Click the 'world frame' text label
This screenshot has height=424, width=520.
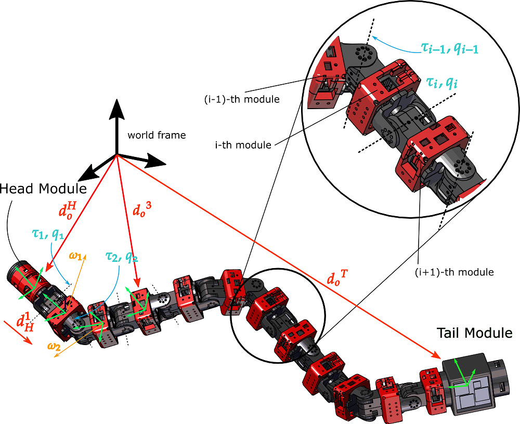tap(156, 135)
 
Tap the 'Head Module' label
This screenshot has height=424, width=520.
tap(43, 189)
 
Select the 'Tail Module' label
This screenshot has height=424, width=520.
tap(475, 333)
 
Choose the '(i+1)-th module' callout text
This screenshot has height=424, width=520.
tap(451, 271)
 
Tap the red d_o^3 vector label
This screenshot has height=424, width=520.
tap(142, 211)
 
